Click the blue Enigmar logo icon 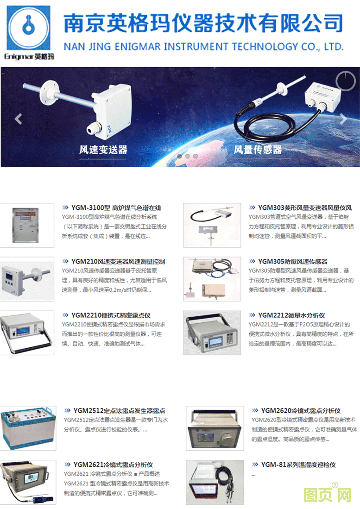[29, 28]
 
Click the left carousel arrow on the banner [18, 119]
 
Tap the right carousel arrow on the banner [343, 119]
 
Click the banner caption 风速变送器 [103, 150]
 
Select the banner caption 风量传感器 [258, 150]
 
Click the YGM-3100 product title [116, 208]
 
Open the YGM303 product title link [305, 208]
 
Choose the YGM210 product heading [118, 262]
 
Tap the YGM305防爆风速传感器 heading [292, 262]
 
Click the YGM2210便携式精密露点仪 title [111, 315]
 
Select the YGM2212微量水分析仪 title [291, 315]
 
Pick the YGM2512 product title [119, 411]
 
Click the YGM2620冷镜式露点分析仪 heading [301, 411]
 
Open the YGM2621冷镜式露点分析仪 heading [113, 465]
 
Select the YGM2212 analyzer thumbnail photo [212, 333]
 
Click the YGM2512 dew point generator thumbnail [28, 428]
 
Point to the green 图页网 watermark [328, 494]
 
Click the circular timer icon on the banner [346, 81]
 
